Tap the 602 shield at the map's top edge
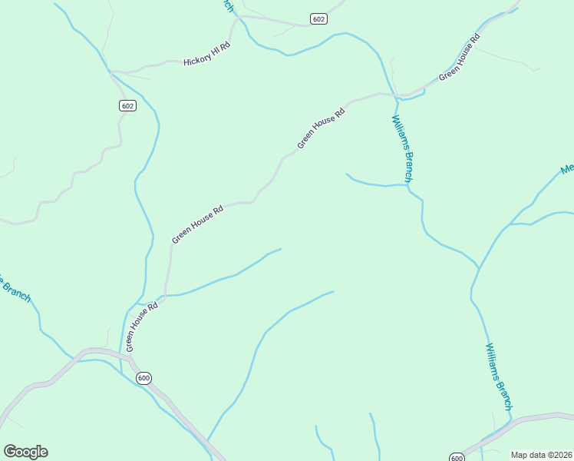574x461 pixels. [319, 18]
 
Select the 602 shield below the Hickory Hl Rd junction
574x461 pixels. [128, 105]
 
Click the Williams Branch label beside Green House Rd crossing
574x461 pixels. [403, 148]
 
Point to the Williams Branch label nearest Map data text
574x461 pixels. [498, 376]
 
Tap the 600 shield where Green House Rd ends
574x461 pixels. [143, 378]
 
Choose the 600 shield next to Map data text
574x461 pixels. [457, 458]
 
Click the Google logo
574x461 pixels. [25, 452]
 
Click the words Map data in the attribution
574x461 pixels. [527, 455]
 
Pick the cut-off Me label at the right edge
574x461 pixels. [567, 169]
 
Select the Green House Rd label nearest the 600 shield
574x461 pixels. [142, 326]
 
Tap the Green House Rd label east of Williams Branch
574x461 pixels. [459, 57]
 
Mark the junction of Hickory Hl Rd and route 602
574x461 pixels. [112, 71]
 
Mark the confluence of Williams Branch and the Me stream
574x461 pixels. [479, 268]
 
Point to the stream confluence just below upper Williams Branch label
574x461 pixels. [407, 185]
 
